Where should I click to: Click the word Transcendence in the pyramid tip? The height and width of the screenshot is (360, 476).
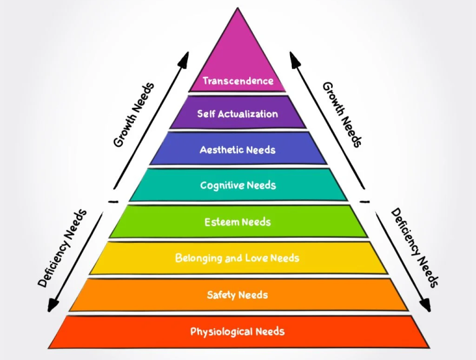pos(238,81)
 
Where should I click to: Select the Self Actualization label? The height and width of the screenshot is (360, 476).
pos(238,114)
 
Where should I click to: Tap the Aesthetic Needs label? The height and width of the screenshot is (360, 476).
pos(238,150)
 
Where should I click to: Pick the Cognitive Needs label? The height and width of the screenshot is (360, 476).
pos(238,185)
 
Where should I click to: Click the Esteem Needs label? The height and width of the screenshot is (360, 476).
pos(238,222)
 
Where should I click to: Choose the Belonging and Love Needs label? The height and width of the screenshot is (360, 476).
pos(238,258)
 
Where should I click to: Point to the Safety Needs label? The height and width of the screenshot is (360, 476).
pos(238,295)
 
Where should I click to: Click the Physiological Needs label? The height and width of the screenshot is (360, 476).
pos(238,331)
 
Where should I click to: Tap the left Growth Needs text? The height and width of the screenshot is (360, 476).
pos(134,115)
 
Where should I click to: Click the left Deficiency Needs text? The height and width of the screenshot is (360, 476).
pos(63,248)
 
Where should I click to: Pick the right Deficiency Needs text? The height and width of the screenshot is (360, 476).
pos(414,248)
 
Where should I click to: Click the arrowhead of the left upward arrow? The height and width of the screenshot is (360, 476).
pos(184,58)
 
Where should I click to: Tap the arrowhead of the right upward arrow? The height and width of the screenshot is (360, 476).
pos(293,58)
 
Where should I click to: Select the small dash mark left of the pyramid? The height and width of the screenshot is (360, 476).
pos(113,201)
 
